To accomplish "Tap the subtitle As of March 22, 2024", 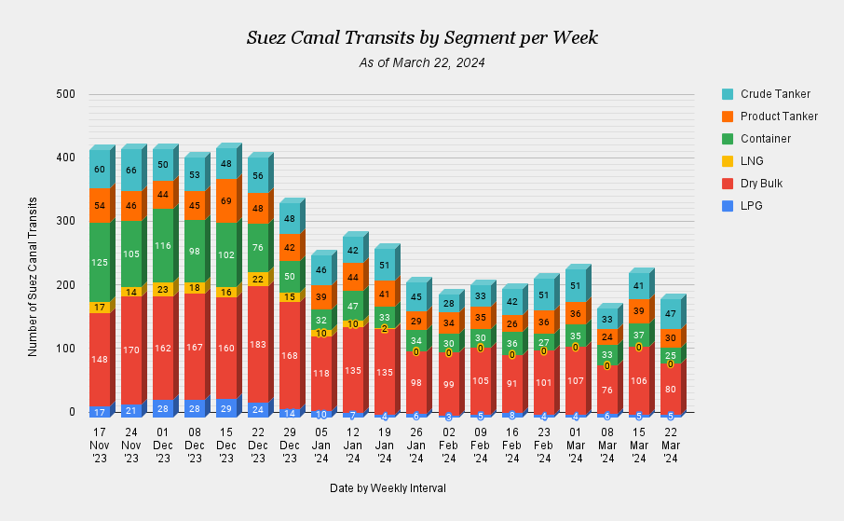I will [422, 62].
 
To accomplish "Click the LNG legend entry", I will [752, 161].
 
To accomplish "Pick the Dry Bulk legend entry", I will [761, 184].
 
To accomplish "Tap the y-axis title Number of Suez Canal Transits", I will [33, 276].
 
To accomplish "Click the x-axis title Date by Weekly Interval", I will [388, 488].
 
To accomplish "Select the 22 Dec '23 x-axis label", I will [258, 445].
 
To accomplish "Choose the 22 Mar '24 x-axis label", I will [670, 445].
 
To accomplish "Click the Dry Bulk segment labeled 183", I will [258, 345].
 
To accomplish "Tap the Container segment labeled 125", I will [100, 263].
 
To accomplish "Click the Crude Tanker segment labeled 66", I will [131, 171].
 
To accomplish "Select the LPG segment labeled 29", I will [226, 408].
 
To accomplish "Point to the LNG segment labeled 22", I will [258, 279].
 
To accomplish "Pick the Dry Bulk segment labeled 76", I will [606, 391].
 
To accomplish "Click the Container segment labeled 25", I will [670, 356].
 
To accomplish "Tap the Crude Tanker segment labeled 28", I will [448, 304].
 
